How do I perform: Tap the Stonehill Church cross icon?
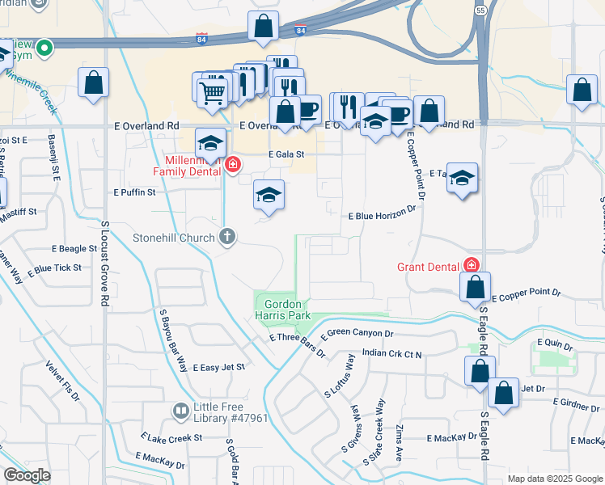[x=228, y=237]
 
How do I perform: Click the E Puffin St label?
[x=134, y=192]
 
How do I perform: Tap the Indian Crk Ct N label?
[x=392, y=353]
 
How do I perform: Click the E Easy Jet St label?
[x=218, y=367]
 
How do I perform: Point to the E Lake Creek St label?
[x=170, y=437]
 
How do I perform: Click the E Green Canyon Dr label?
[x=357, y=334]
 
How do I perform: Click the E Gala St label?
[x=286, y=154]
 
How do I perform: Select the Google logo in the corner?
[x=27, y=475]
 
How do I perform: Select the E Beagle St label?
[x=74, y=250]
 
